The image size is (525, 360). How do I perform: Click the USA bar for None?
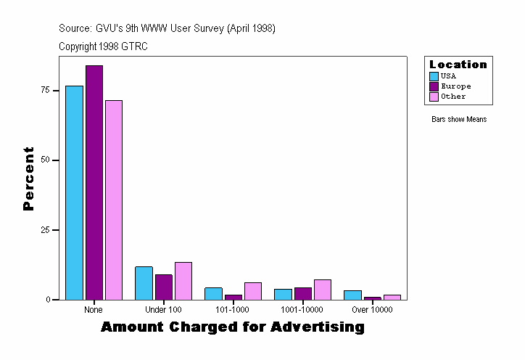click(x=74, y=192)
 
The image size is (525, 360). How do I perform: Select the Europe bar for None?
click(x=94, y=182)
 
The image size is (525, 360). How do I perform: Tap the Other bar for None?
click(x=114, y=200)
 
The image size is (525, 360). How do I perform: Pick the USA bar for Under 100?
click(x=144, y=283)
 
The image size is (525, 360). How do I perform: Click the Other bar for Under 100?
click(x=183, y=281)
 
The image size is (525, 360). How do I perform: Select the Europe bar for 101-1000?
click(x=233, y=297)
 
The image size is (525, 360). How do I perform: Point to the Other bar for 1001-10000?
click(x=323, y=290)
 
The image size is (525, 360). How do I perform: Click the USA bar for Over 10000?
click(x=352, y=295)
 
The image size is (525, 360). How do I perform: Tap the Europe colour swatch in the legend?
click(x=434, y=86)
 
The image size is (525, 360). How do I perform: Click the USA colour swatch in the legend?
click(x=434, y=76)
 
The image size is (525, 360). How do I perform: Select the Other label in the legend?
click(x=453, y=97)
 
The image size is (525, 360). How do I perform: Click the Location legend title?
click(x=458, y=65)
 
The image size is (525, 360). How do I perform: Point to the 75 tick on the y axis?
click(x=55, y=90)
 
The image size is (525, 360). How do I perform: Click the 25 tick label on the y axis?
click(x=45, y=230)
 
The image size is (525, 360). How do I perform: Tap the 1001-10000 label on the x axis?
click(x=302, y=310)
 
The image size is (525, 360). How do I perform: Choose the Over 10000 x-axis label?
click(x=372, y=310)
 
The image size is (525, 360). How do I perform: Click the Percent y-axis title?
click(x=28, y=179)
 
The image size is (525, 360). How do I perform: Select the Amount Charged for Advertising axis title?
click(x=232, y=327)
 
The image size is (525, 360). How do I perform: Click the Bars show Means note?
click(x=459, y=119)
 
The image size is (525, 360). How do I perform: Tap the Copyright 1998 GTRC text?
click(x=103, y=46)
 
